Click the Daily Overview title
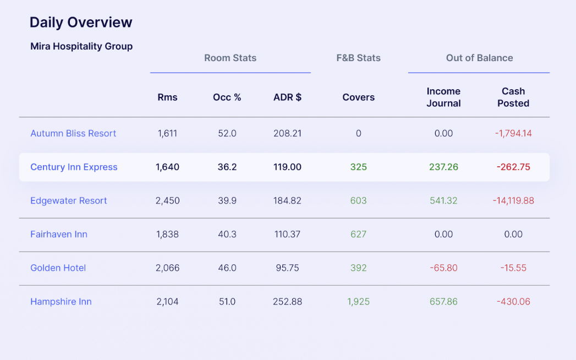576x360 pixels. pyautogui.click(x=81, y=23)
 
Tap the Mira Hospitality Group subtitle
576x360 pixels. pyautogui.click(x=81, y=46)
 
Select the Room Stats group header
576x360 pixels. pyautogui.click(x=230, y=58)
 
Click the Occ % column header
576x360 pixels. pyautogui.click(x=227, y=97)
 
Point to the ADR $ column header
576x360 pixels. pyautogui.click(x=287, y=97)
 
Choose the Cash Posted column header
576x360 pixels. pyautogui.click(x=513, y=97)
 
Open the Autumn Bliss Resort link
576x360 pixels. pyautogui.click(x=73, y=133)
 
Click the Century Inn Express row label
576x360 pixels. pyautogui.click(x=74, y=167)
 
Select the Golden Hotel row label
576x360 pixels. pyautogui.click(x=58, y=268)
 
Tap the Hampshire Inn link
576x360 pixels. pyautogui.click(x=61, y=302)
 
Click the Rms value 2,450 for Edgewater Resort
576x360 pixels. pyautogui.click(x=167, y=201)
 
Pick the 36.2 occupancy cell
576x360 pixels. pyautogui.click(x=227, y=167)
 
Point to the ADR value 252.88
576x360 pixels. pyautogui.click(x=287, y=302)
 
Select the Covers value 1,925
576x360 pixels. pyautogui.click(x=358, y=302)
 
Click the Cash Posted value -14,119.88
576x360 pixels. pyautogui.click(x=513, y=201)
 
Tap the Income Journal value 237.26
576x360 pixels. pyautogui.click(x=443, y=167)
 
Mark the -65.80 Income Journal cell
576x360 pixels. pyautogui.click(x=443, y=268)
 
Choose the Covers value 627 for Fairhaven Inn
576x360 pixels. pyautogui.click(x=358, y=234)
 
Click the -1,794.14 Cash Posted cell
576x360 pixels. pyautogui.click(x=513, y=133)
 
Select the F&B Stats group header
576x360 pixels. pyautogui.click(x=358, y=58)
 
